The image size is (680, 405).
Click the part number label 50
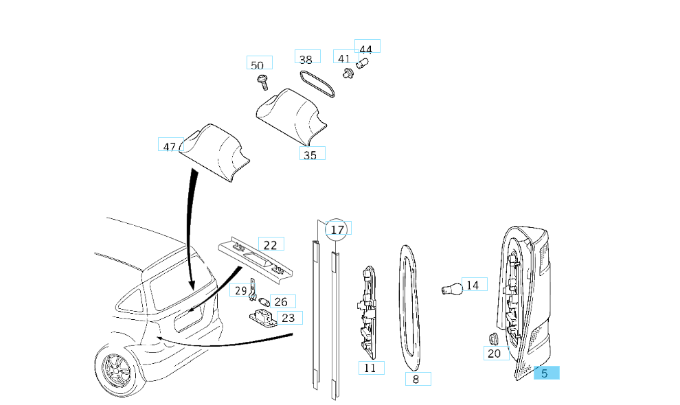pyautogui.click(x=258, y=65)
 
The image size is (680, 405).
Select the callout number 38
pyautogui.click(x=306, y=60)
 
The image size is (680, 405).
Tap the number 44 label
pyautogui.click(x=366, y=49)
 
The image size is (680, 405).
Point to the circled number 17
pyautogui.click(x=337, y=230)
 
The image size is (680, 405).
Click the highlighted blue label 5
pyautogui.click(x=545, y=373)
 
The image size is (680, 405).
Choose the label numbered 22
pyautogui.click(x=270, y=245)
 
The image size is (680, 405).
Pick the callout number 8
pyautogui.click(x=416, y=379)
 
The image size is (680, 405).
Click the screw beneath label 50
pyautogui.click(x=263, y=83)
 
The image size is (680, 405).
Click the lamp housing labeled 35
pyautogui.click(x=291, y=114)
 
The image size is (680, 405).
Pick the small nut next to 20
pyautogui.click(x=492, y=338)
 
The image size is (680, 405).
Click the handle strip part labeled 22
pyautogui.click(x=256, y=259)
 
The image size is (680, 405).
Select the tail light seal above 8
pyautogui.click(x=410, y=302)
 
